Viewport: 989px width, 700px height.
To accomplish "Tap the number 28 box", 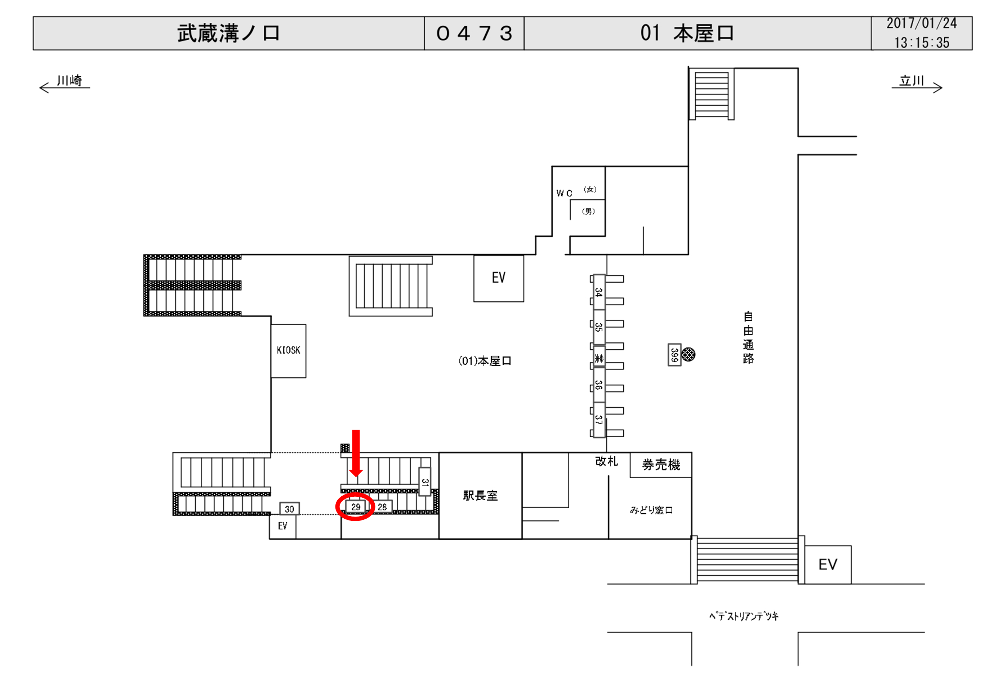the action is coord(383,507).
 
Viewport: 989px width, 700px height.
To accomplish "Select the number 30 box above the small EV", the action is coord(289,509).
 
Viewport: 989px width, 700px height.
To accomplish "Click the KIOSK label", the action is coord(289,350).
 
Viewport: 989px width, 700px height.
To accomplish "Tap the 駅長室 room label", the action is coord(480,496).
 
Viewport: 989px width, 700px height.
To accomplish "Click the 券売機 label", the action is coord(661,465).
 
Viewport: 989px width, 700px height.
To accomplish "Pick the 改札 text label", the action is coord(606,461).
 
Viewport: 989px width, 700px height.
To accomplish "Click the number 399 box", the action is coord(674,355).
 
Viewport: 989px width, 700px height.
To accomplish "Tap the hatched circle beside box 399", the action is coord(689,354).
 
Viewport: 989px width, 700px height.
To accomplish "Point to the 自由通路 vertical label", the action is coord(748,337).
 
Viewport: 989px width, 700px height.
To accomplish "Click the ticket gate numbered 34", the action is coord(599,292).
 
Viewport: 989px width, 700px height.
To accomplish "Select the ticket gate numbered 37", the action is coord(599,420).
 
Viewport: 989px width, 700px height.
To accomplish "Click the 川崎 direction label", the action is coord(69,81).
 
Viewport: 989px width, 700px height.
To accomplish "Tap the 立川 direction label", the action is coord(912,81).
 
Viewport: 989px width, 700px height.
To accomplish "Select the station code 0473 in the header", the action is coord(474,34).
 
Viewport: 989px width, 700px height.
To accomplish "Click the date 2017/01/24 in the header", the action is coord(921,24).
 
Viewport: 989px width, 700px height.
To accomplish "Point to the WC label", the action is coord(564,193).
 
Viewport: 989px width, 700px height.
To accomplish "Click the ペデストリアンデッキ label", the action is coord(744,616).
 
